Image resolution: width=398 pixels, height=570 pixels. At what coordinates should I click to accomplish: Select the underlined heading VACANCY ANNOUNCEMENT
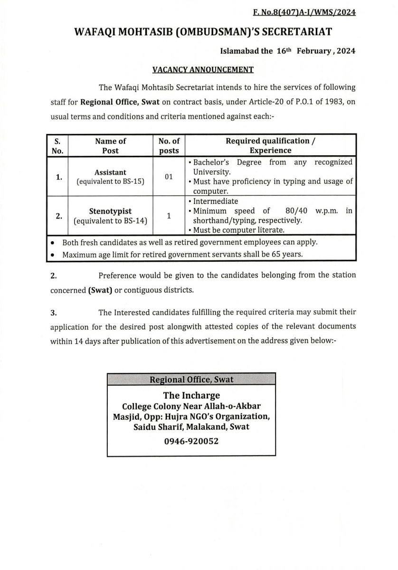coord(203,70)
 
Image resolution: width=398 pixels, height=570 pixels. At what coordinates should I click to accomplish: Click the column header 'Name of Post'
coord(110,146)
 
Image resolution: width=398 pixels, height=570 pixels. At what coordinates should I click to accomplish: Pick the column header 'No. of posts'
coord(169,146)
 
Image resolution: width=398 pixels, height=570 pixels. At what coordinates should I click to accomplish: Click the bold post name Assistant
coord(110,172)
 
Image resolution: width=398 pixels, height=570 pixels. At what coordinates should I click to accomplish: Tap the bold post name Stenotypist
coord(110,211)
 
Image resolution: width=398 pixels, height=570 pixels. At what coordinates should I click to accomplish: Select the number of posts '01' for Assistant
coord(169,177)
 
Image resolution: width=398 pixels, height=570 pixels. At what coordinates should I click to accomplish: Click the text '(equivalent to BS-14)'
coord(110,220)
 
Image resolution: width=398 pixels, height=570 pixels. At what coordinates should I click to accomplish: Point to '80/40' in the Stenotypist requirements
coord(296,211)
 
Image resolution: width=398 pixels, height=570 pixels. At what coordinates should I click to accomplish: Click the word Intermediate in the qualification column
coord(216,201)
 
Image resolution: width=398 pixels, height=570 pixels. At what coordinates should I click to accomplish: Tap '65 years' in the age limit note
coord(287,255)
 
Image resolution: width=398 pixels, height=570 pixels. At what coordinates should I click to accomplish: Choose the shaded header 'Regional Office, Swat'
coord(191,380)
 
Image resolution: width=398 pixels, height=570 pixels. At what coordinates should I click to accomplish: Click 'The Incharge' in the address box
coord(191,395)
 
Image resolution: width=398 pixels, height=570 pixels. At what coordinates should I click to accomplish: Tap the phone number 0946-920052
coord(191,441)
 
